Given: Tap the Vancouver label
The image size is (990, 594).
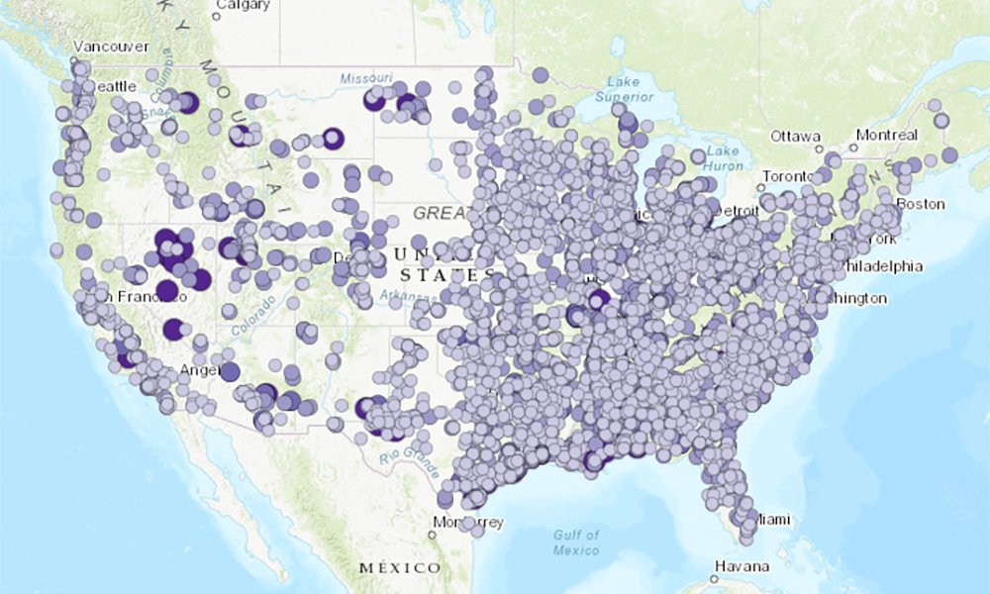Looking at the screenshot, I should (110, 47).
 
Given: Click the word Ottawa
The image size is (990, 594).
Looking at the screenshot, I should (796, 136).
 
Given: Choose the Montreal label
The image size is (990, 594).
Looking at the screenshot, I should (887, 135).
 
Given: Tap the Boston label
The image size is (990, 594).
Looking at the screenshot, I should (922, 204).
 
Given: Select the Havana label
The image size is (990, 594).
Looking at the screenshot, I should (743, 566).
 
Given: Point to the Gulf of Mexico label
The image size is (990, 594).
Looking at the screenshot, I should (576, 542).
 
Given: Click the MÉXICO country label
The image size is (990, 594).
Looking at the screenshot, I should (399, 567).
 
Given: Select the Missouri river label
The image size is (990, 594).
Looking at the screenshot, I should (366, 78).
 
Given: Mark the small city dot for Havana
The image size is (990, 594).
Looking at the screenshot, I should (715, 578).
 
